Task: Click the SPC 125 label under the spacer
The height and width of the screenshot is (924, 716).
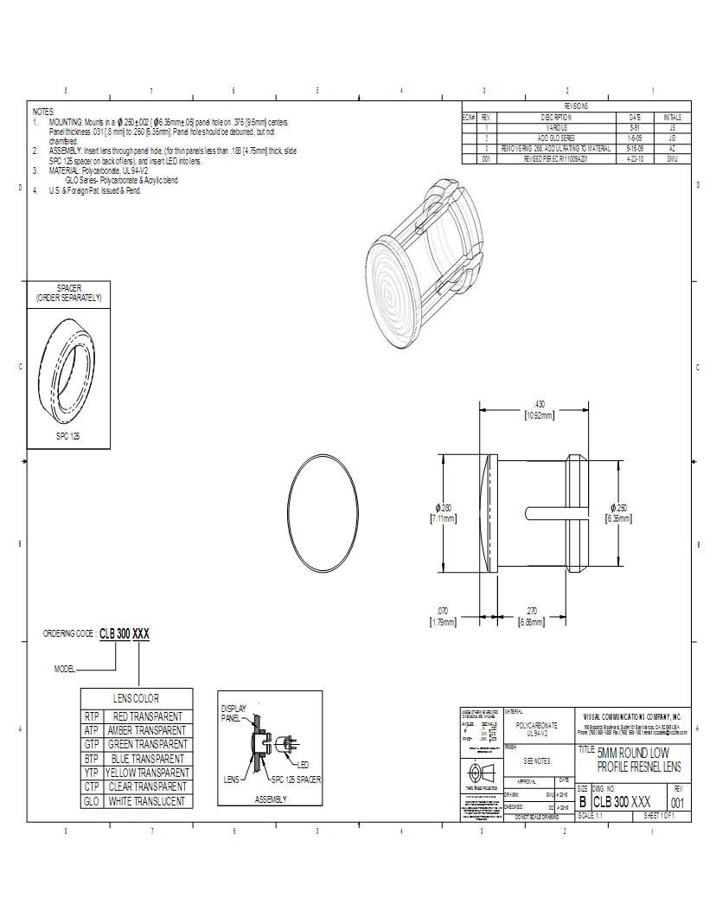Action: (68, 437)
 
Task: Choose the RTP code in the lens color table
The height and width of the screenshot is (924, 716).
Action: (93, 716)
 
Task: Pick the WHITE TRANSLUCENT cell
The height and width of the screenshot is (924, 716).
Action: (147, 801)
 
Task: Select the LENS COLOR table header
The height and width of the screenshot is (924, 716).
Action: (137, 698)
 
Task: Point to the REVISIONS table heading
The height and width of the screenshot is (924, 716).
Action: (576, 106)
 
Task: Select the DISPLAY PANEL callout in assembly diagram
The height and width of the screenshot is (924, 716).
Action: (233, 713)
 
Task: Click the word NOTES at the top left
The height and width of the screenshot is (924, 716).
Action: (43, 112)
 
